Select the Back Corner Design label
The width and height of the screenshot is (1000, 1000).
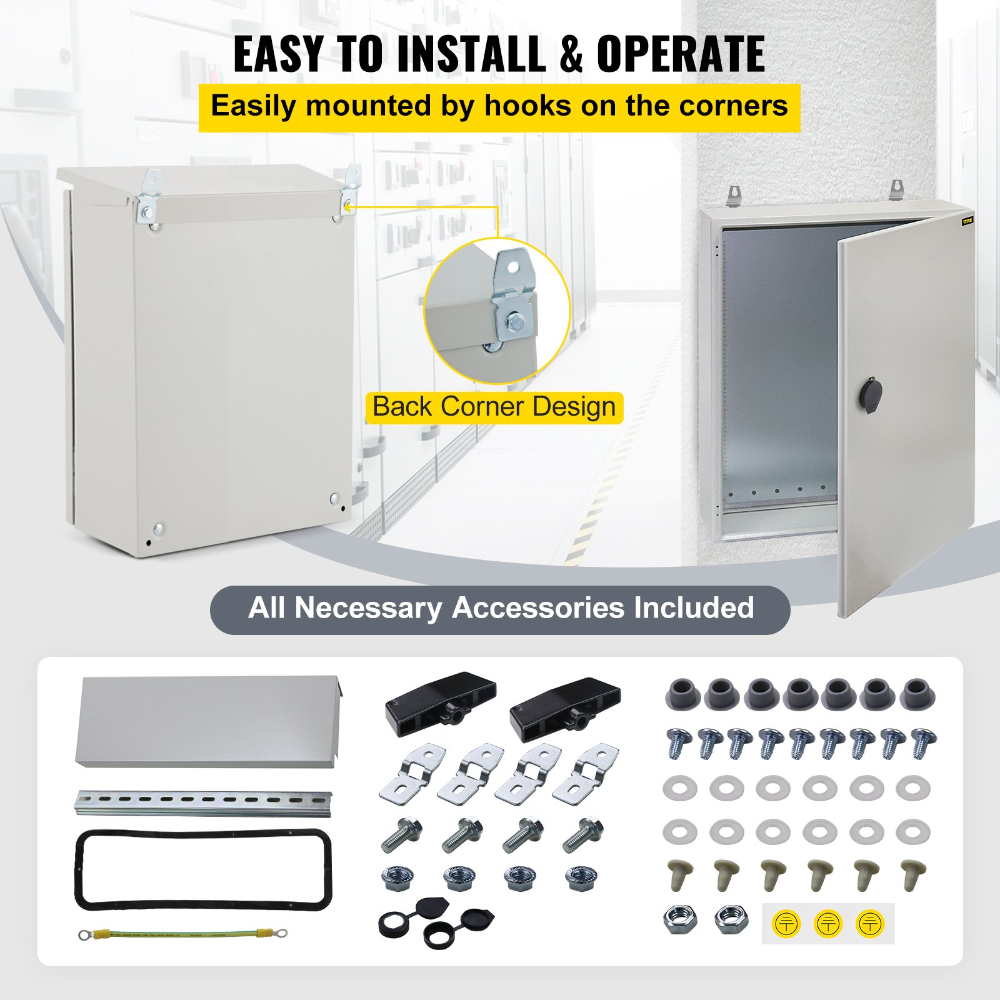click(x=494, y=407)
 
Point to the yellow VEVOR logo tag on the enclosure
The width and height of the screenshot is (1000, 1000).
click(x=967, y=221)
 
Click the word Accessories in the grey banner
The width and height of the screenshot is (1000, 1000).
click(x=537, y=608)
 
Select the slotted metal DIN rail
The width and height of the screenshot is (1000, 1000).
click(x=204, y=802)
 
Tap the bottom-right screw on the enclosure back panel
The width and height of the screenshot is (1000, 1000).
click(x=334, y=499)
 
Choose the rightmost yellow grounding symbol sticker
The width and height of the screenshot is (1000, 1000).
click(x=869, y=923)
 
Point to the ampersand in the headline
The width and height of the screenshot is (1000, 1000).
click(x=571, y=54)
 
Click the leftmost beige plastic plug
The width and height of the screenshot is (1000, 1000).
click(x=679, y=873)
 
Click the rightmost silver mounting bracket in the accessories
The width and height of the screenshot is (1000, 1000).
click(x=586, y=772)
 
